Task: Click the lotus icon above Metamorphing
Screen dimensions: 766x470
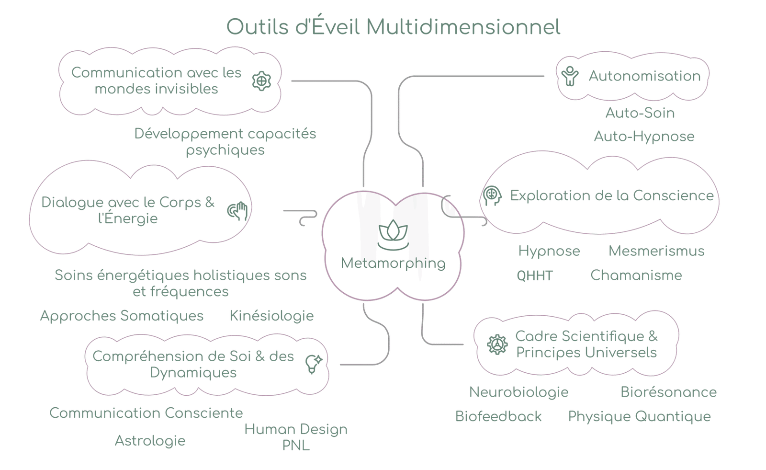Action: pyautogui.click(x=393, y=235)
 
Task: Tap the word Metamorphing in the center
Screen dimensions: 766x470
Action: pyautogui.click(x=393, y=263)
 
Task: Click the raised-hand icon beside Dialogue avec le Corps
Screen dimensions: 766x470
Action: pyautogui.click(x=238, y=211)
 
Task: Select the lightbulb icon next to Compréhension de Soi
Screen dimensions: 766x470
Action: pyautogui.click(x=314, y=364)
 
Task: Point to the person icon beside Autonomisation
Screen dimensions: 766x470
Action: pyautogui.click(x=570, y=76)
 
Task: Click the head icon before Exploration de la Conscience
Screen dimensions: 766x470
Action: pyautogui.click(x=492, y=195)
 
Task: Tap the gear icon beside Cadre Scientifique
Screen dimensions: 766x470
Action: pyautogui.click(x=497, y=344)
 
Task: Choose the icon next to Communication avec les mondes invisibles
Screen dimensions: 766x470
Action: pyautogui.click(x=261, y=81)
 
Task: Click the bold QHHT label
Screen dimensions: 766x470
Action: pyautogui.click(x=535, y=275)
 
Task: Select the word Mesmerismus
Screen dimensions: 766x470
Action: pyautogui.click(x=656, y=251)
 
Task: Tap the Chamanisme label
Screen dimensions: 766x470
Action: pyautogui.click(x=636, y=275)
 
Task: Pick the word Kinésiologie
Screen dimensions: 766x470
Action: pyautogui.click(x=272, y=316)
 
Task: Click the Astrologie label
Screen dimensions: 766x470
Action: pyautogui.click(x=150, y=441)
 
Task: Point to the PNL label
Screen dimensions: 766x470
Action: pyautogui.click(x=296, y=446)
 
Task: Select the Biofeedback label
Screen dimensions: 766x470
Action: pyautogui.click(x=498, y=416)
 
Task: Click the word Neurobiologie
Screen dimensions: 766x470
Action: pyautogui.click(x=519, y=392)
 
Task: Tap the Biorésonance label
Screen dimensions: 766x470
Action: pyautogui.click(x=669, y=392)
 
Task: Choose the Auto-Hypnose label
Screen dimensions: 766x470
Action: pyautogui.click(x=644, y=137)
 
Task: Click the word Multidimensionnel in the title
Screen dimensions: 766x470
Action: pyautogui.click(x=463, y=27)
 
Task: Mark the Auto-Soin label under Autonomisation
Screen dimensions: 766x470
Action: pyautogui.click(x=640, y=113)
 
